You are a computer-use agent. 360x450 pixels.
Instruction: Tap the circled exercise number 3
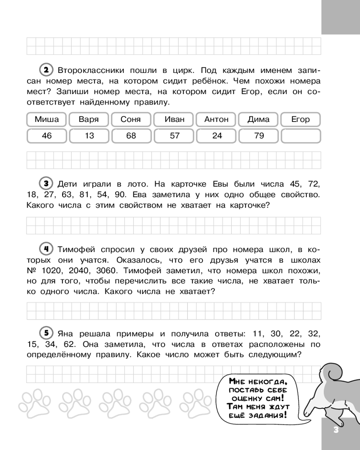click(46, 184)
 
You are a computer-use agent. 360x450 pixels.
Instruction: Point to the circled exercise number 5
click(46, 333)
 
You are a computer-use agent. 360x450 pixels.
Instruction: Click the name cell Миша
click(46, 119)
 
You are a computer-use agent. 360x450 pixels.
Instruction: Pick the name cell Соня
click(131, 119)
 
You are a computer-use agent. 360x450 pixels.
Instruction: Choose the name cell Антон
click(216, 119)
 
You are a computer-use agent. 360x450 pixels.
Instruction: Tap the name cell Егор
click(301, 119)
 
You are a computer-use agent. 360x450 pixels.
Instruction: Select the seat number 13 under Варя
click(89, 135)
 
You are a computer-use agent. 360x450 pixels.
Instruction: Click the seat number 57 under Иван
click(175, 135)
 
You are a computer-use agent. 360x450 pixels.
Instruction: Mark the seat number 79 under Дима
click(259, 135)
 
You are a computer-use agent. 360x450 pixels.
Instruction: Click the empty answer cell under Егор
click(301, 135)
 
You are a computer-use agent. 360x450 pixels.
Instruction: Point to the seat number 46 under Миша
click(46, 135)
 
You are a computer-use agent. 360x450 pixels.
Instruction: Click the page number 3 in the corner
click(336, 429)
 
